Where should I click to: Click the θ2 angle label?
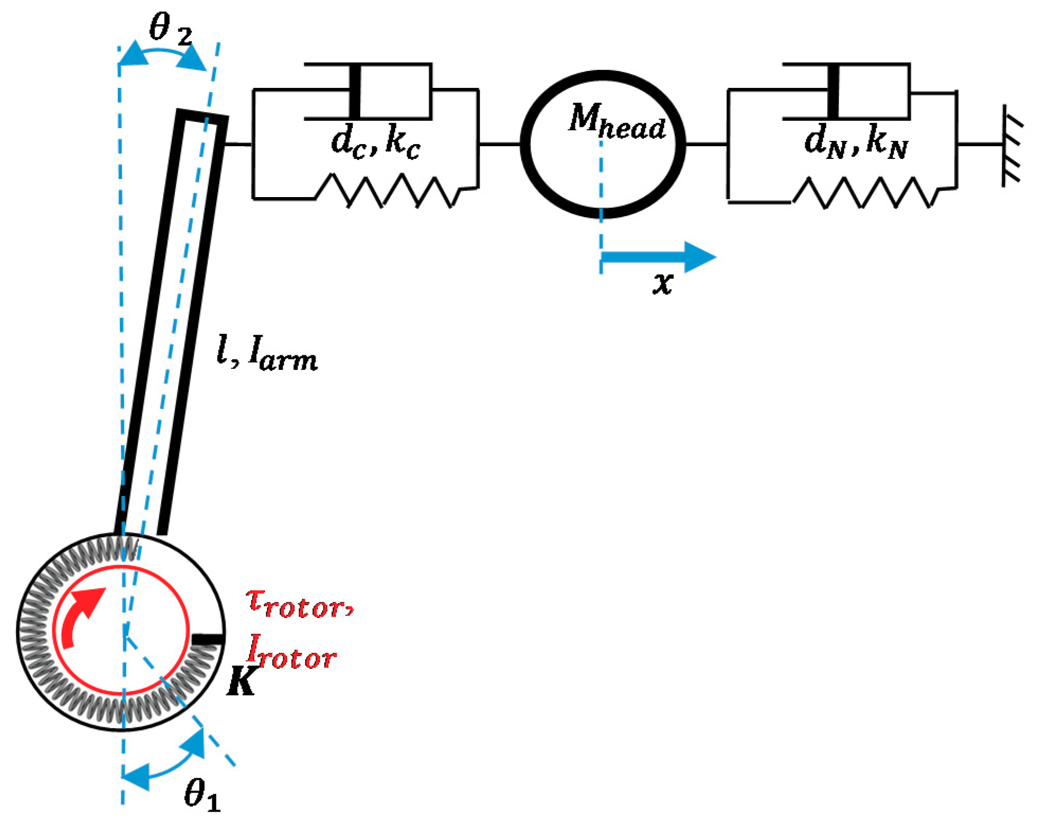(x=169, y=29)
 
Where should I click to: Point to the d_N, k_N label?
(x=855, y=143)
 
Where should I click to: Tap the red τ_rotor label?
(x=299, y=604)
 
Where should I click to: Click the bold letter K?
(x=241, y=681)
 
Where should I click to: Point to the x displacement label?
(x=662, y=282)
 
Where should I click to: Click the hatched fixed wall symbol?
(x=1011, y=146)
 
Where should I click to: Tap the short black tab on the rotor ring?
(x=207, y=639)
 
